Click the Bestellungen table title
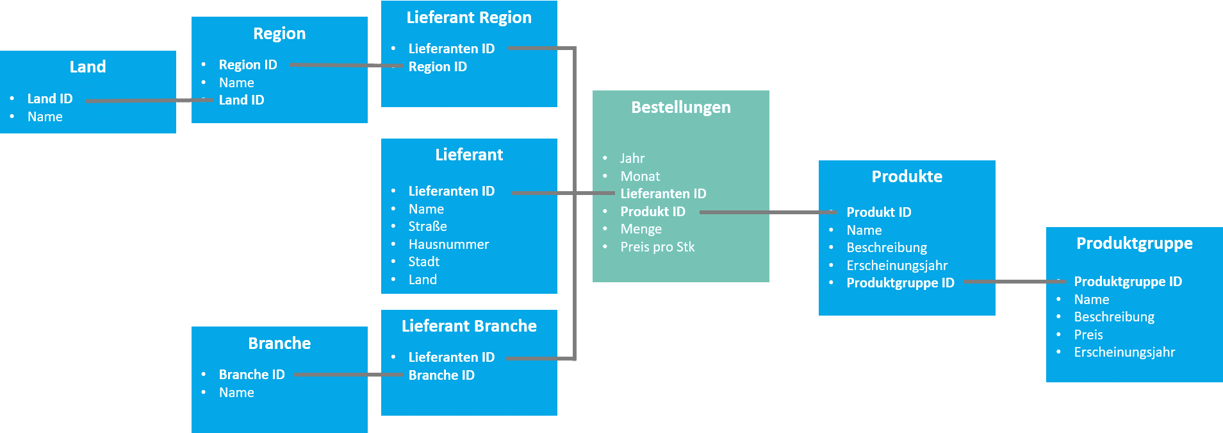click(680, 107)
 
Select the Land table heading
click(88, 67)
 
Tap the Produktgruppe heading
click(1134, 243)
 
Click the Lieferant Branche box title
click(469, 326)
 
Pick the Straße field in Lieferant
click(427, 226)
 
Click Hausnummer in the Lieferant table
click(448, 244)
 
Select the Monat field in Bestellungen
click(639, 176)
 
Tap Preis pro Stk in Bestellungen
click(657, 247)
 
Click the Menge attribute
click(641, 229)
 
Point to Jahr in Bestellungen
click(632, 158)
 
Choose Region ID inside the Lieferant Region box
click(438, 67)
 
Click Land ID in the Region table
click(241, 100)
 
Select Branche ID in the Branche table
click(251, 375)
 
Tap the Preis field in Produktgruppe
click(1088, 335)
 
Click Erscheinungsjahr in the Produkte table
click(896, 266)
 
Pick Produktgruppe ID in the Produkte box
click(900, 283)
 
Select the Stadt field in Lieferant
click(423, 262)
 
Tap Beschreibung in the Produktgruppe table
click(1113, 317)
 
